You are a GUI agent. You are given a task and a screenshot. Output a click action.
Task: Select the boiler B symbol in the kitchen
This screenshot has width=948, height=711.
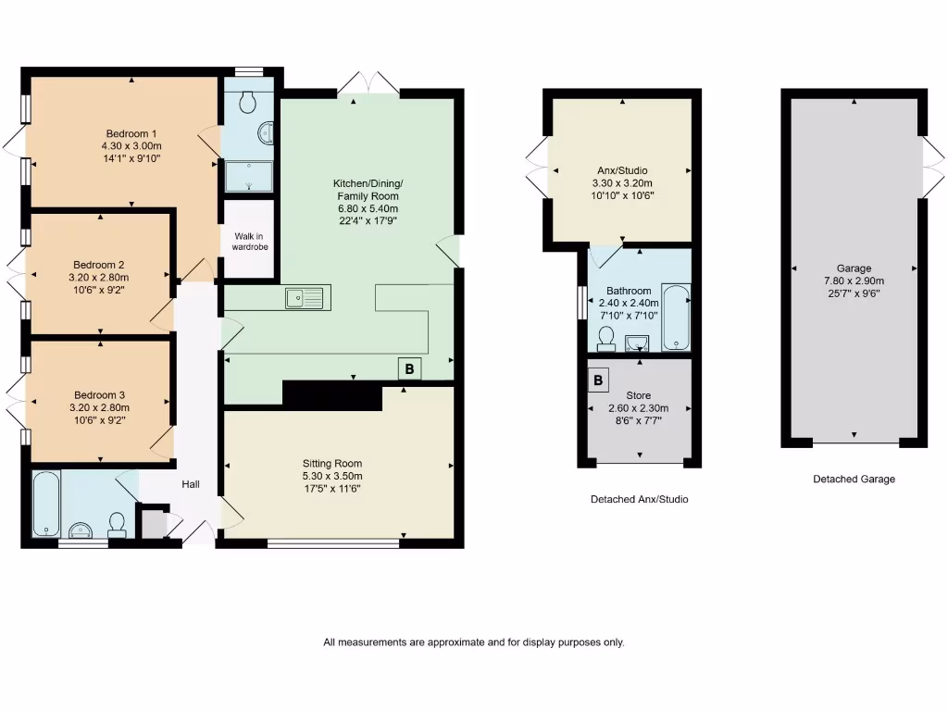click(x=409, y=368)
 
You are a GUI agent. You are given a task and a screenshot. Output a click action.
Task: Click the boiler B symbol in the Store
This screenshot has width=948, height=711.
click(x=598, y=380)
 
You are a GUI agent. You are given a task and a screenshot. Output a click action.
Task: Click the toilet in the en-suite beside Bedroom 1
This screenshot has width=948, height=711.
click(x=248, y=103)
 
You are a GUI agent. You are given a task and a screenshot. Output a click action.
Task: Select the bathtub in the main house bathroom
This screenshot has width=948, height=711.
click(x=45, y=504)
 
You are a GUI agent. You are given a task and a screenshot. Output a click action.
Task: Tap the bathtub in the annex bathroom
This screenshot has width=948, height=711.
click(x=677, y=318)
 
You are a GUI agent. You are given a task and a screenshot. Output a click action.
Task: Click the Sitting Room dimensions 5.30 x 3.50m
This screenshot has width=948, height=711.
click(x=332, y=477)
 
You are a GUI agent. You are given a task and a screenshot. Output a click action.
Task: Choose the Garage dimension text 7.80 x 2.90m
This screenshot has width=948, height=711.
click(x=854, y=281)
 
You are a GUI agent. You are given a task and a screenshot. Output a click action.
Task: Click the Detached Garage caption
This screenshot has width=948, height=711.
click(x=854, y=480)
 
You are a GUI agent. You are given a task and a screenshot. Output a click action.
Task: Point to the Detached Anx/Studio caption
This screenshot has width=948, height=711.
click(x=639, y=499)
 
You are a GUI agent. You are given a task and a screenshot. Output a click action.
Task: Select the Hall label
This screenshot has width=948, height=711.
click(x=191, y=484)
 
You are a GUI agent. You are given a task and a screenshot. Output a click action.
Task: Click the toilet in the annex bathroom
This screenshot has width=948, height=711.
click(x=607, y=339)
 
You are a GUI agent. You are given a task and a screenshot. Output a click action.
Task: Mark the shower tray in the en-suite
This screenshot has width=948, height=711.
click(x=249, y=175)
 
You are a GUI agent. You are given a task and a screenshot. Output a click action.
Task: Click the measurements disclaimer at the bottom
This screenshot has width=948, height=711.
click(x=473, y=642)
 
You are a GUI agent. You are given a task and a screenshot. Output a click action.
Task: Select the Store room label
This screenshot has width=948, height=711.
click(x=638, y=395)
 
